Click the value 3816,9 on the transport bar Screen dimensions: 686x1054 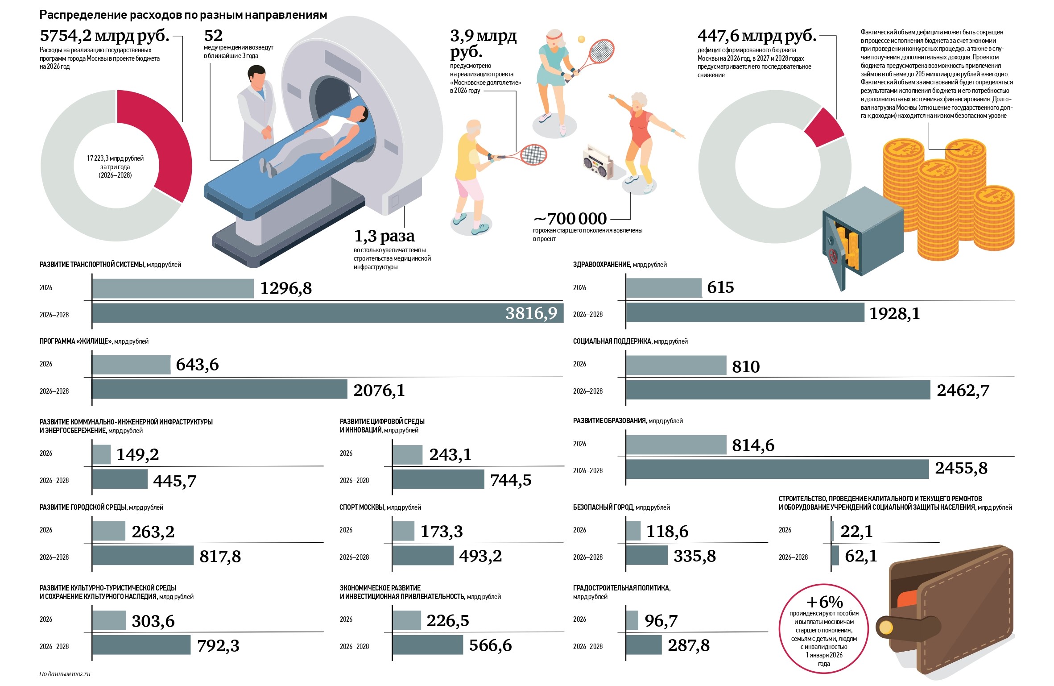(x=531, y=313)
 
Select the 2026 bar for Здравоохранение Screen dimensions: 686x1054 (x=664, y=288)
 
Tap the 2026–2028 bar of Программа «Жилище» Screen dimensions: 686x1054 (x=219, y=389)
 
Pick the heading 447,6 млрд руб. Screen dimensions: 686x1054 (x=756, y=36)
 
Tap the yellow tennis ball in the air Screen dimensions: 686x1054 (x=581, y=39)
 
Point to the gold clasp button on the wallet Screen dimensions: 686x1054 (x=885, y=628)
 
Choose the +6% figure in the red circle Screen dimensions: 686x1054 (x=824, y=602)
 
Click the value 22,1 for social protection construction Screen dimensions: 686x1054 (x=856, y=531)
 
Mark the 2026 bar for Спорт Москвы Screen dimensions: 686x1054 (x=403, y=531)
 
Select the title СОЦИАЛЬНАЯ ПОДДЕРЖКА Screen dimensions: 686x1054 (x=612, y=341)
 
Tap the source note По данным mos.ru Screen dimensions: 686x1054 (x=65, y=674)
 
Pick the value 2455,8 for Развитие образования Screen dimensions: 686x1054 (x=961, y=468)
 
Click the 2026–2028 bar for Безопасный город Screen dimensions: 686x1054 (x=647, y=556)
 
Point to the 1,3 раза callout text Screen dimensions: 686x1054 (x=384, y=236)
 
